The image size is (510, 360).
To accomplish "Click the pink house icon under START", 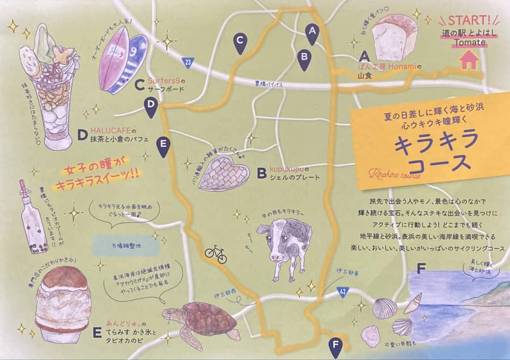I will (x=469, y=60).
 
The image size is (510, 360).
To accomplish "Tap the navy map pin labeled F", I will (x=336, y=344).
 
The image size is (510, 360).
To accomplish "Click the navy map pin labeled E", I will (x=163, y=145).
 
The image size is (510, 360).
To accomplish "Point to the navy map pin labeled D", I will (x=151, y=106).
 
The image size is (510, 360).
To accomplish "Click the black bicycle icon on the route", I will (x=216, y=253).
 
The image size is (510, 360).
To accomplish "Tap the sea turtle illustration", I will (x=195, y=318).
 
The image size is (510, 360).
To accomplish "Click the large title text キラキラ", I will (x=428, y=145).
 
